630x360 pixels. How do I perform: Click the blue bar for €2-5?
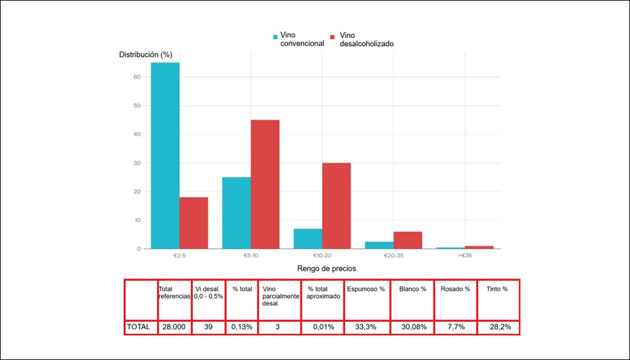(165, 156)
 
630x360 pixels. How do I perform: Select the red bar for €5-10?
(265, 184)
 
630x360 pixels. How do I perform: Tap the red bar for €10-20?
(336, 206)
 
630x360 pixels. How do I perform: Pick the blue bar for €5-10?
(236, 213)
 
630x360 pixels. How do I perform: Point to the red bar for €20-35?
(408, 240)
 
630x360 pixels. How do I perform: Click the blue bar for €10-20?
(307, 239)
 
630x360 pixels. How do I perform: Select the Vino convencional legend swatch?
(275, 36)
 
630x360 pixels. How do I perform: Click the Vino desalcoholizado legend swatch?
(333, 36)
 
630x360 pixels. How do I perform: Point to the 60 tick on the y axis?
(137, 76)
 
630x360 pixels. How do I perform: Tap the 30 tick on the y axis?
(137, 163)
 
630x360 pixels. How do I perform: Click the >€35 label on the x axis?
(464, 256)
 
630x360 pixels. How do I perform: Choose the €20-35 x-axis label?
(393, 256)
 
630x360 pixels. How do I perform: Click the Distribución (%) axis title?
(145, 55)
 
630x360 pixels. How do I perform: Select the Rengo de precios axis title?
(327, 269)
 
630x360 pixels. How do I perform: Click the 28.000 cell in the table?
(174, 326)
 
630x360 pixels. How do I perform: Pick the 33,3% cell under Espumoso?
(366, 326)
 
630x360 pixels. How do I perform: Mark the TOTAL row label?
(139, 326)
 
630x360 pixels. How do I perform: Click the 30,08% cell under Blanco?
(411, 326)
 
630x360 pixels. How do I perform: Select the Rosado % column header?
(455, 289)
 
